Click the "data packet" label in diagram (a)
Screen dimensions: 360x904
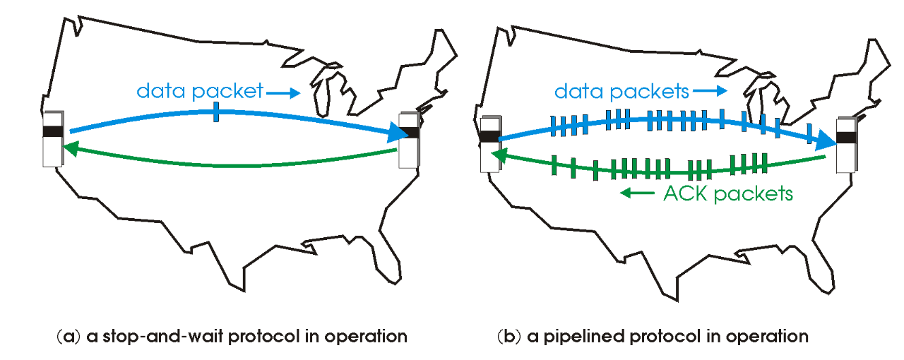pyautogui.click(x=199, y=91)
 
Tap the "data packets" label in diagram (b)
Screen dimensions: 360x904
pyautogui.click(x=621, y=91)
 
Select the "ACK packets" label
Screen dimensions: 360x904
pyautogui.click(x=728, y=193)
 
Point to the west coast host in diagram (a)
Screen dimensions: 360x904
pyautogui.click(x=52, y=139)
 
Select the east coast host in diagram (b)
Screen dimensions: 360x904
pyautogui.click(x=845, y=145)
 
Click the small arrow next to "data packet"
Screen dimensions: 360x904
pyautogui.click(x=285, y=92)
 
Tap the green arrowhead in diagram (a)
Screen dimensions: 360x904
pyautogui.click(x=68, y=148)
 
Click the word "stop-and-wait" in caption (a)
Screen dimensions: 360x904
pyautogui.click(x=141, y=336)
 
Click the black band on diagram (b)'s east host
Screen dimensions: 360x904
pyautogui.click(x=845, y=137)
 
